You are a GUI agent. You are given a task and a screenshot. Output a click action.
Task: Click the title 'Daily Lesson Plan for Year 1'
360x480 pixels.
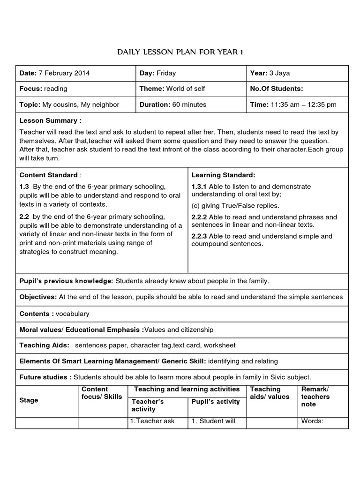[x=180, y=52]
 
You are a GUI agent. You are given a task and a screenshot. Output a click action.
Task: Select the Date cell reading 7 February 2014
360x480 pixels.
[x=54, y=73]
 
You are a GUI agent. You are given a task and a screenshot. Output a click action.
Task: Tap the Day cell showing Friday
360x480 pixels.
[x=157, y=73]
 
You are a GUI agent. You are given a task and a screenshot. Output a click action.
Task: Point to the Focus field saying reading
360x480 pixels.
[x=43, y=89]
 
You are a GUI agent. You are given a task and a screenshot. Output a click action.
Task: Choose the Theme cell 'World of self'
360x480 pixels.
[x=172, y=89]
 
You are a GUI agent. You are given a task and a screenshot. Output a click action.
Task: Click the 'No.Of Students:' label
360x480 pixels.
[x=277, y=89]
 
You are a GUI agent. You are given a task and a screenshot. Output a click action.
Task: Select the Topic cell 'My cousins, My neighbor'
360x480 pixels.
[x=69, y=105]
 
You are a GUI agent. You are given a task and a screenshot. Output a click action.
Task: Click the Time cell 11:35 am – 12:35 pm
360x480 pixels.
[x=293, y=105]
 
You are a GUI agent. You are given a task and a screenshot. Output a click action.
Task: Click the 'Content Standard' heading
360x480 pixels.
[x=48, y=175]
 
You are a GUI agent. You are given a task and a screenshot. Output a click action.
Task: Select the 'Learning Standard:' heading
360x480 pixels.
[x=223, y=175]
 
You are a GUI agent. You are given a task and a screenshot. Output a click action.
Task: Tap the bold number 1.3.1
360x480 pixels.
[x=200, y=187]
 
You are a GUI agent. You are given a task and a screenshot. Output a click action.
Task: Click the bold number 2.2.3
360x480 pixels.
[x=200, y=236]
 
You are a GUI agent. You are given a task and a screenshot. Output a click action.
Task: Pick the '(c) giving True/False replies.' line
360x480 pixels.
[x=235, y=205]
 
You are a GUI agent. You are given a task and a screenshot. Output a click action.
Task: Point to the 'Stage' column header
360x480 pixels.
[x=29, y=400]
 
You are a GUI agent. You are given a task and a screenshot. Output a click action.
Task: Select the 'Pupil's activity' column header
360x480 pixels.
[x=216, y=401]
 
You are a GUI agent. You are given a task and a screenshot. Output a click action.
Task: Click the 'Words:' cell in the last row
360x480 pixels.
[x=312, y=421]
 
